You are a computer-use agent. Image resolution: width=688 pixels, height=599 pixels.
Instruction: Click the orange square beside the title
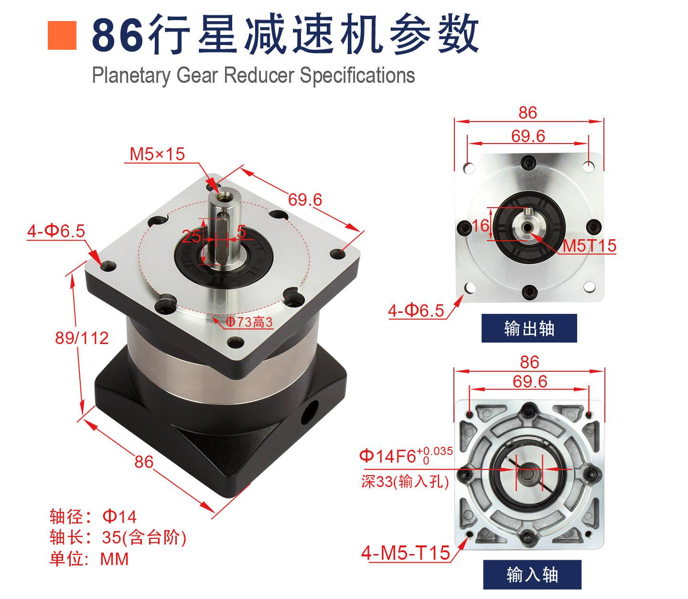point(62,35)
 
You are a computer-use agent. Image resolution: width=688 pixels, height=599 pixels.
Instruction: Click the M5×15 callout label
point(157,154)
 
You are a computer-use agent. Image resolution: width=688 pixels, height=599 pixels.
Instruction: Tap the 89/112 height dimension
point(82,338)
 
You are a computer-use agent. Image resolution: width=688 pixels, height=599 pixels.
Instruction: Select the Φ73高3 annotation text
point(249,322)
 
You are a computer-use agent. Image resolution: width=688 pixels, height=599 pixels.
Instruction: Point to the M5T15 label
point(590,245)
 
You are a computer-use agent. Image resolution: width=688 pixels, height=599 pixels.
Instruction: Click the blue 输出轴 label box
point(529,328)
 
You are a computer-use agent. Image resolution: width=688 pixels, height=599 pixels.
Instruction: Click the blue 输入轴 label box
point(532,575)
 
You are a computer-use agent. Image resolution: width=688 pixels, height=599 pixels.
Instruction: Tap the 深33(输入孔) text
point(405,481)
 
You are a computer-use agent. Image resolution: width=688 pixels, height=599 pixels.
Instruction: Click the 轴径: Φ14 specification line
point(93,516)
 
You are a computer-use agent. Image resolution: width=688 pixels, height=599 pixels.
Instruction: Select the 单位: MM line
point(89,559)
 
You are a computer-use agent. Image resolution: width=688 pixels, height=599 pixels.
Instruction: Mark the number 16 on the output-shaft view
point(481,225)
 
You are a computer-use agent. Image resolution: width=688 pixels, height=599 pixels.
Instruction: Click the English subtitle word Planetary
point(131,75)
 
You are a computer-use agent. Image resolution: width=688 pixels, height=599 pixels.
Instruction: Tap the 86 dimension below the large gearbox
point(144,462)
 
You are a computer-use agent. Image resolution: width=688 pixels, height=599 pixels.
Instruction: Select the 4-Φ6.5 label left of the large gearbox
point(56,231)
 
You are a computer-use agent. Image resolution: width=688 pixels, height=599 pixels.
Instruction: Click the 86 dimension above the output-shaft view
point(527,112)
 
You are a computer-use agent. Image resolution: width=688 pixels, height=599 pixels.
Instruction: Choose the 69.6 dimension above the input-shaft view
point(530,381)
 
